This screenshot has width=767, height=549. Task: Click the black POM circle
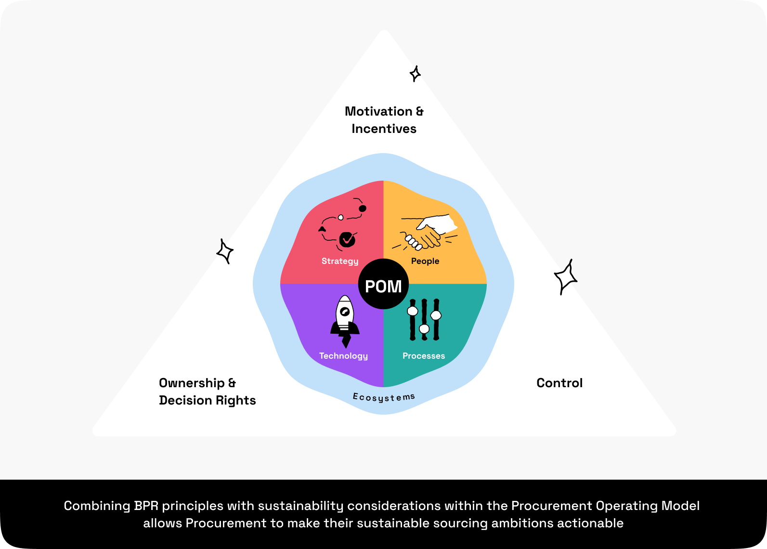pos(383,284)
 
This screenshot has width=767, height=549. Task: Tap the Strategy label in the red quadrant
pos(340,261)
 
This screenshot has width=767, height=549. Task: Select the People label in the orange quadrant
pos(425,261)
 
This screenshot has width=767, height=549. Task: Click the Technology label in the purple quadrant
pos(343,356)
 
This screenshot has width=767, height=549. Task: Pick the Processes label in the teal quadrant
pos(424,356)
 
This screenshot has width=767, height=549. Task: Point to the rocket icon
pos(345,321)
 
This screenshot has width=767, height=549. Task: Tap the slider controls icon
pos(424,319)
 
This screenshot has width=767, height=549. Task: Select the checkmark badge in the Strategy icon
pos(347,239)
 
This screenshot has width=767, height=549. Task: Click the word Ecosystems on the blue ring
pos(384,397)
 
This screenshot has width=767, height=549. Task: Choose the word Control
pos(559,383)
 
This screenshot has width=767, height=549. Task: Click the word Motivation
pos(378,111)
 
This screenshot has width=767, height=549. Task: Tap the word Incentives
pos(384,129)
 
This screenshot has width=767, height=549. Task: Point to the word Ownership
pos(192,383)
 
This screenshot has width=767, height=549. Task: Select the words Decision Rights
pos(207,400)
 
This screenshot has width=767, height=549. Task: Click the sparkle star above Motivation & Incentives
pos(415,74)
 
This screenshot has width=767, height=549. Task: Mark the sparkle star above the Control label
pos(565,276)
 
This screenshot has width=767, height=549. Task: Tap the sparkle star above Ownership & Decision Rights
pos(225,251)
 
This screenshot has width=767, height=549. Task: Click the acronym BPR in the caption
pos(146,506)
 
